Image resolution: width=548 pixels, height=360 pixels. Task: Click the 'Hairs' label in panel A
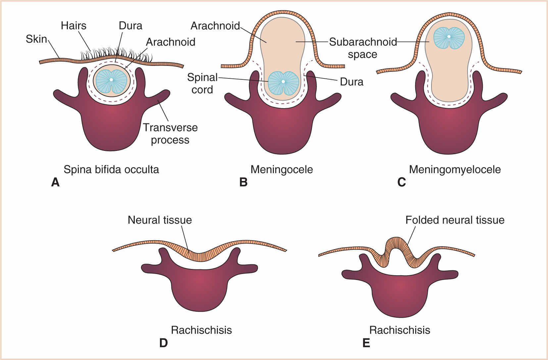pyautogui.click(x=74, y=26)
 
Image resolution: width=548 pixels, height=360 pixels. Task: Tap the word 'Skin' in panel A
pyautogui.click(x=36, y=39)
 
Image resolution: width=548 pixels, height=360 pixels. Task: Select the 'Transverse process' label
pyautogui.click(x=170, y=134)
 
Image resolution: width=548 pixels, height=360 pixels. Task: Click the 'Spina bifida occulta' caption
pyautogui.click(x=111, y=169)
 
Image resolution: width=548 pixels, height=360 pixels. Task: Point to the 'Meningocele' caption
pyautogui.click(x=281, y=169)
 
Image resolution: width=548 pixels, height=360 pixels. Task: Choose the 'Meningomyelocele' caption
pyautogui.click(x=455, y=169)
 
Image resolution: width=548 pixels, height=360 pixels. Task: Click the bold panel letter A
pyautogui.click(x=55, y=182)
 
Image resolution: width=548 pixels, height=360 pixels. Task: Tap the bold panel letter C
pyautogui.click(x=401, y=182)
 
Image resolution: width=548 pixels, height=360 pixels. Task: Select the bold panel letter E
pyautogui.click(x=366, y=343)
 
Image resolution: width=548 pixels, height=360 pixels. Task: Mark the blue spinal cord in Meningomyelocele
pyautogui.click(x=449, y=38)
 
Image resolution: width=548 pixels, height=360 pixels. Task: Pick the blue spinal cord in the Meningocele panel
pyautogui.click(x=283, y=83)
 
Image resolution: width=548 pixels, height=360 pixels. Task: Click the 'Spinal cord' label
pyautogui.click(x=202, y=83)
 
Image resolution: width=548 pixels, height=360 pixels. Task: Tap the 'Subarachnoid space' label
pyautogui.click(x=363, y=48)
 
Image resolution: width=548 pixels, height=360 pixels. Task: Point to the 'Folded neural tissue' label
pyautogui.click(x=455, y=220)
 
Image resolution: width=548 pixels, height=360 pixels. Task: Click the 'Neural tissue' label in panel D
pyautogui.click(x=160, y=220)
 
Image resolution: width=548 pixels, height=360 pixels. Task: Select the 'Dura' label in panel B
pyautogui.click(x=351, y=82)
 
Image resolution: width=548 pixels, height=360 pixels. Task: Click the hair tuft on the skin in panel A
pyautogui.click(x=116, y=55)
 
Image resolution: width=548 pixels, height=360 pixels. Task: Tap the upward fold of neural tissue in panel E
pyautogui.click(x=396, y=245)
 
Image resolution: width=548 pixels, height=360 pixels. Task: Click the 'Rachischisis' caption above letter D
pyautogui.click(x=201, y=330)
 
